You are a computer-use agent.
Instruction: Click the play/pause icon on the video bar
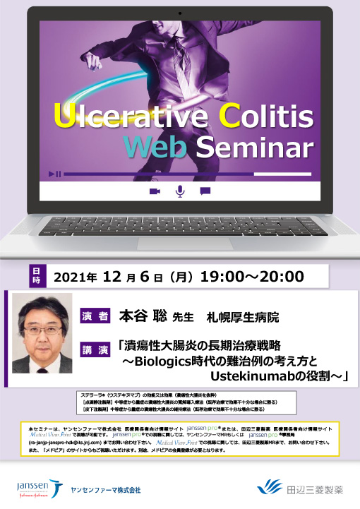[x=54, y=173]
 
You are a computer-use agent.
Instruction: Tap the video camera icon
[x=155, y=191]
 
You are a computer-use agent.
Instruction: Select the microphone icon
[x=180, y=191]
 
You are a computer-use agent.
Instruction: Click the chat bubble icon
[x=205, y=191]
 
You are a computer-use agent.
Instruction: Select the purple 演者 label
[x=95, y=316]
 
